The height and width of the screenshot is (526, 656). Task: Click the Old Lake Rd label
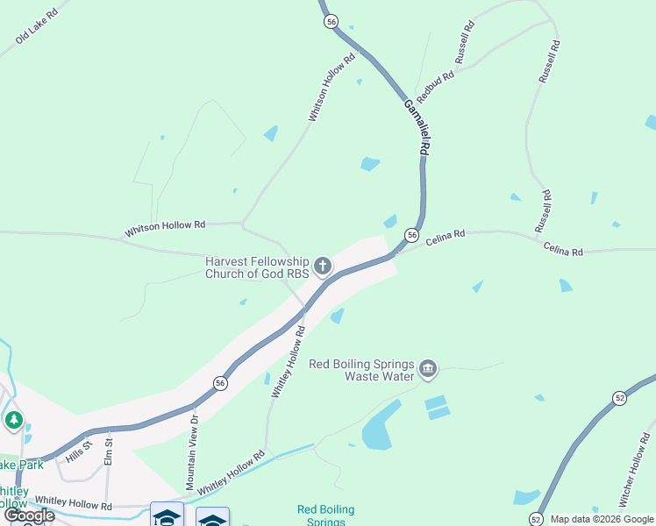[x=36, y=27]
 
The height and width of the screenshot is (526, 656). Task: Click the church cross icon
[x=323, y=266]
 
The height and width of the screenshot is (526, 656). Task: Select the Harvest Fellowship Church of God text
[x=257, y=267]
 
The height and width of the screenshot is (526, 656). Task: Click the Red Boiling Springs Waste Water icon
[x=428, y=368]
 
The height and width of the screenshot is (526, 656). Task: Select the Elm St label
[x=109, y=455]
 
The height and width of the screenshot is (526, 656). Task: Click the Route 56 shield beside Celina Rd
[x=410, y=235]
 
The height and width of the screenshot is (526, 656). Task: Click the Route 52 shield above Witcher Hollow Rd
[x=619, y=398]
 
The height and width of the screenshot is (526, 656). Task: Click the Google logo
[x=29, y=515]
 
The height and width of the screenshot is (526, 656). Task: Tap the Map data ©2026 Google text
[x=602, y=519]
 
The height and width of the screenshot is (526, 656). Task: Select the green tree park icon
[x=13, y=421]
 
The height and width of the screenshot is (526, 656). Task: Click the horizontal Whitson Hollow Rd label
[x=165, y=226]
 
